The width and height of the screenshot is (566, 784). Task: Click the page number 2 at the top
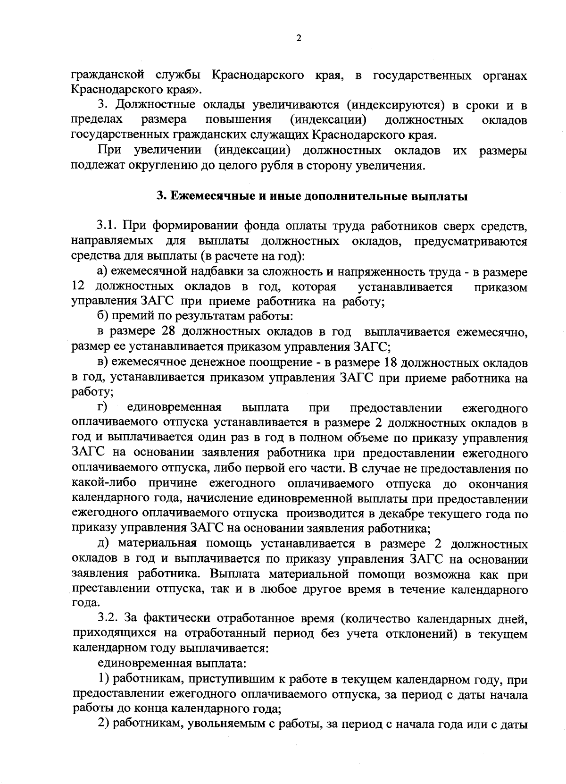298,39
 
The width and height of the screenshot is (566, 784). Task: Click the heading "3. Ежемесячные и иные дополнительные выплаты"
312,197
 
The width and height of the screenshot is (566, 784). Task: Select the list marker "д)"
104,544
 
